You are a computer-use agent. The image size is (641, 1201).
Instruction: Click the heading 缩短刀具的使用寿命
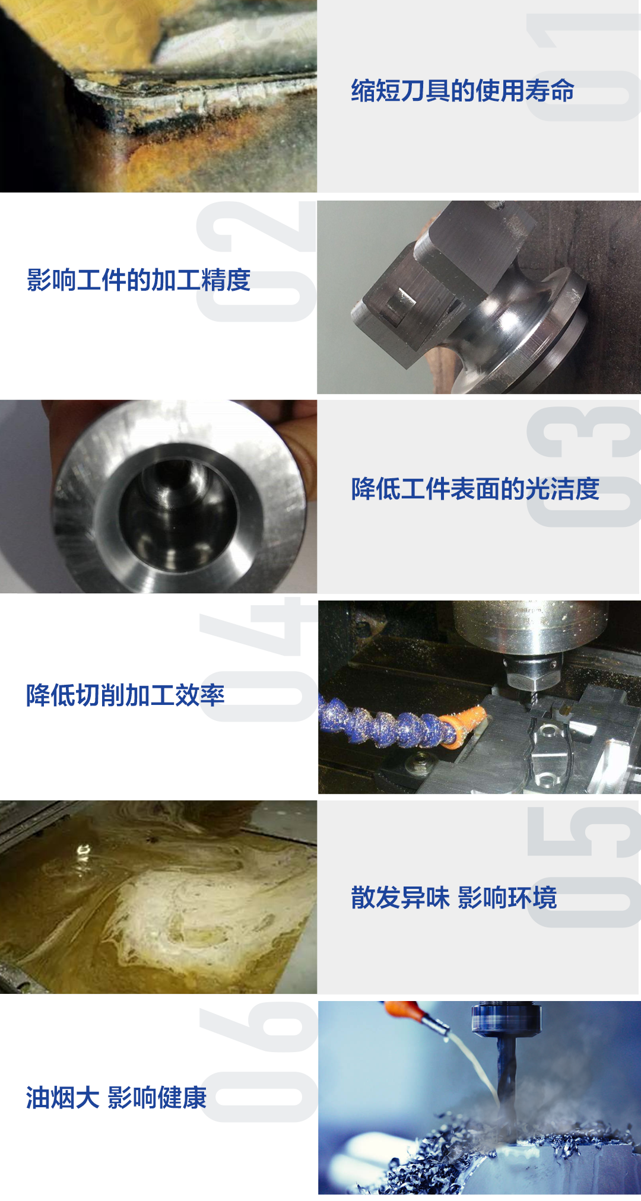tap(462, 91)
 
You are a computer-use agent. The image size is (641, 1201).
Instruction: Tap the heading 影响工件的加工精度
tap(138, 279)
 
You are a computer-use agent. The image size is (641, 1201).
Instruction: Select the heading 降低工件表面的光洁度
tap(475, 489)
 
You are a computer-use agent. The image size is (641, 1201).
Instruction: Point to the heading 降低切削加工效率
tap(125, 695)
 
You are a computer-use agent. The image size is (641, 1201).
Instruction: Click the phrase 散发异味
tap(400, 897)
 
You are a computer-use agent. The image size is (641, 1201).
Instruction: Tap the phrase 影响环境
tap(507, 897)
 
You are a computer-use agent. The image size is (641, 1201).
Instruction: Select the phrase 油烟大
tap(62, 1097)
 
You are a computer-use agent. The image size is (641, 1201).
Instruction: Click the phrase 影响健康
tap(157, 1097)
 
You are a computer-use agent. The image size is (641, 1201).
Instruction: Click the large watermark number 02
tap(256, 261)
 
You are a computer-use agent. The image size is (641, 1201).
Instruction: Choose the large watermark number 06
tap(258, 1062)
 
